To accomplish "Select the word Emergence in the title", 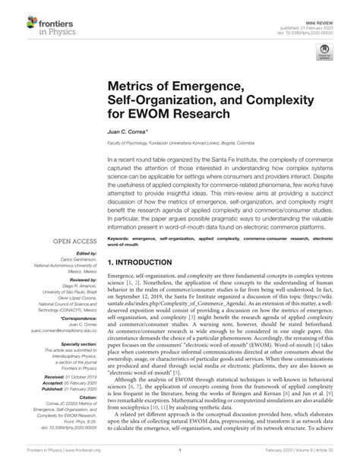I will tap(201, 90).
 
